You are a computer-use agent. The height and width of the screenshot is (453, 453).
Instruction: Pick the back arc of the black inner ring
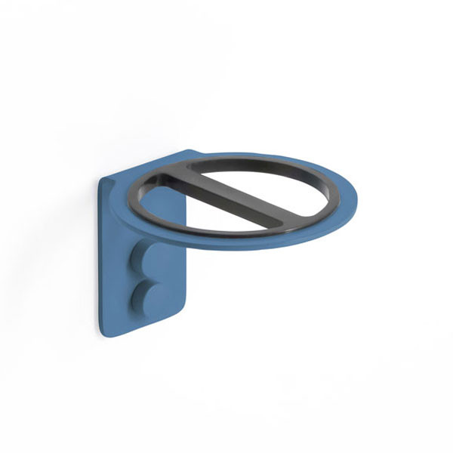pos(249,161)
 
